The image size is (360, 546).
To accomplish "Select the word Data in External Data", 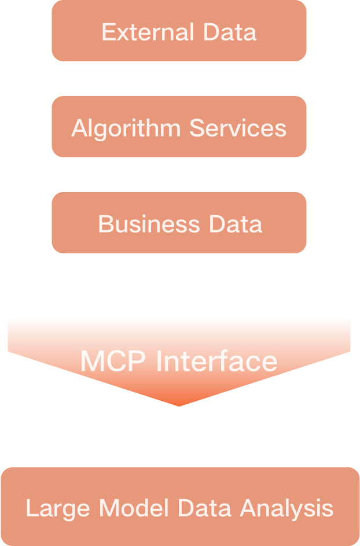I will coord(230,32).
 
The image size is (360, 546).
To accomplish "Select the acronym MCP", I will coord(113,361).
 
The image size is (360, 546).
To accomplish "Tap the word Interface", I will coord(217,361).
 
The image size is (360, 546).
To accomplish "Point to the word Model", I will coord(134,508).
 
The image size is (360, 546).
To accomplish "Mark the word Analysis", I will coord(286,509).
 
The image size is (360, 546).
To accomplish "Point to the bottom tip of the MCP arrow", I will coord(179,404).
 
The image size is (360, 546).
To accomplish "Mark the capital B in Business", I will coord(104,224).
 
